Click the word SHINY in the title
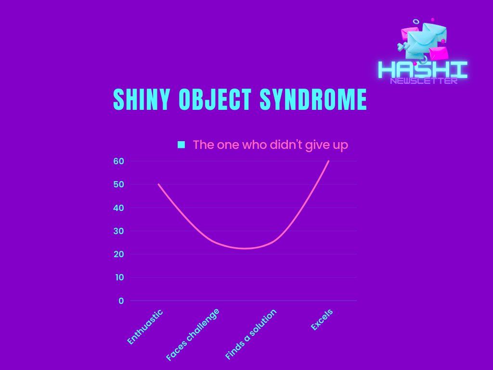pos(142,99)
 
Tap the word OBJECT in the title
pos(215,99)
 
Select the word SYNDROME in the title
pos(313,99)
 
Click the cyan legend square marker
pos(181,145)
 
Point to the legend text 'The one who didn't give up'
pos(271,145)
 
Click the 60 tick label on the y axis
pos(118,161)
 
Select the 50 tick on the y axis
pos(118,185)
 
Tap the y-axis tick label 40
pos(118,208)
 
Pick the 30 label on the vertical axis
pos(118,231)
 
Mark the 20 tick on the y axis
pos(118,254)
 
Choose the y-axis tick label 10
pos(119,277)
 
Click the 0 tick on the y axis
pos(121,301)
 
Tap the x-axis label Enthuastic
pos(145,327)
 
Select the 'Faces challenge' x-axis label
pos(193,334)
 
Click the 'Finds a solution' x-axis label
pos(251,334)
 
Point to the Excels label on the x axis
pos(322,320)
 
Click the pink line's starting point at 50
pos(158,185)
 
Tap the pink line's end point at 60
pos(328,161)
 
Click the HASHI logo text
pos(423,69)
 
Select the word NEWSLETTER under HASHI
pos(424,81)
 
